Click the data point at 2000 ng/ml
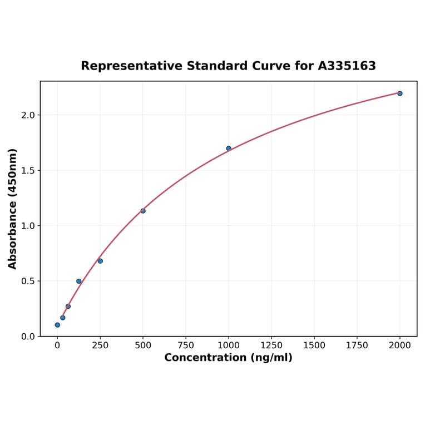(400, 93)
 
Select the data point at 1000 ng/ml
(229, 149)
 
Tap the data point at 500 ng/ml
(143, 211)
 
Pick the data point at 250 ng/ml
(100, 261)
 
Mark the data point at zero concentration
(57, 325)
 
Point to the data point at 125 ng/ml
(79, 281)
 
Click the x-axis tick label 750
(186, 345)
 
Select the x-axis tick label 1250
(271, 345)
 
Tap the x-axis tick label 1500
(314, 345)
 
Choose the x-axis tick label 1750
(357, 345)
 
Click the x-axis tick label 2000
(400, 345)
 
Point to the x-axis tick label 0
(57, 345)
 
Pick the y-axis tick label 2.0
(28, 115)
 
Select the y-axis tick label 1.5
(28, 170)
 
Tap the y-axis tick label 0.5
(28, 281)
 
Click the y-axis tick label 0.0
(28, 337)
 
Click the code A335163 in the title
(347, 66)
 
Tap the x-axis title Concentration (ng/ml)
(228, 358)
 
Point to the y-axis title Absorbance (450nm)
(13, 209)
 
